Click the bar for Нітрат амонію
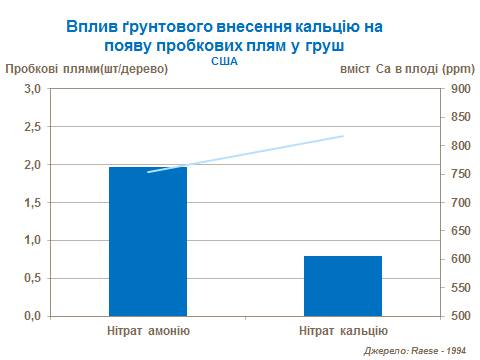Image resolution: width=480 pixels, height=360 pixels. [x=148, y=241]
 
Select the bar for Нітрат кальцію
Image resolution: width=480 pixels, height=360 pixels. [x=343, y=285]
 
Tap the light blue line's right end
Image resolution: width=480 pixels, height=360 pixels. [x=343, y=136]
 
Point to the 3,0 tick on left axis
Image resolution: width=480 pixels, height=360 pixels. [x=30, y=89]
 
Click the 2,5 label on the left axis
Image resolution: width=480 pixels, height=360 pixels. [x=30, y=127]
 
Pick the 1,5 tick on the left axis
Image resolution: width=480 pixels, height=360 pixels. [x=30, y=203]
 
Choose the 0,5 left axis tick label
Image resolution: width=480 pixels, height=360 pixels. [x=30, y=278]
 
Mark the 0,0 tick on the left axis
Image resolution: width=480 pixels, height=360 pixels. [x=30, y=316]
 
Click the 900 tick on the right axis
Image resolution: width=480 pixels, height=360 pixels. [x=459, y=89]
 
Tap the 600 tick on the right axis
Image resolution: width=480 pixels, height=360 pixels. [x=459, y=259]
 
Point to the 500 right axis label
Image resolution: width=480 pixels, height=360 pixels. [x=459, y=316]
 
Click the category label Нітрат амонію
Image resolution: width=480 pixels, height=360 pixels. [x=148, y=330]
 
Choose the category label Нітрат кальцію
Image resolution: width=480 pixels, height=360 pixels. [x=343, y=330]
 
